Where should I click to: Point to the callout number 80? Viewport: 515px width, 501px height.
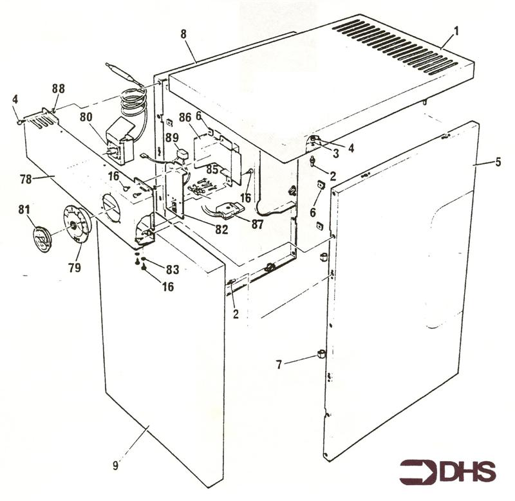click(86, 117)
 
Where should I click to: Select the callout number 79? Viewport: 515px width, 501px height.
click(75, 267)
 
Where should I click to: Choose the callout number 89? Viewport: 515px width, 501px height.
click(172, 137)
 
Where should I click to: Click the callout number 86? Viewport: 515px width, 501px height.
click(185, 118)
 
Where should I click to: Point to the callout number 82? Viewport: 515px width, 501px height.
click(221, 229)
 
